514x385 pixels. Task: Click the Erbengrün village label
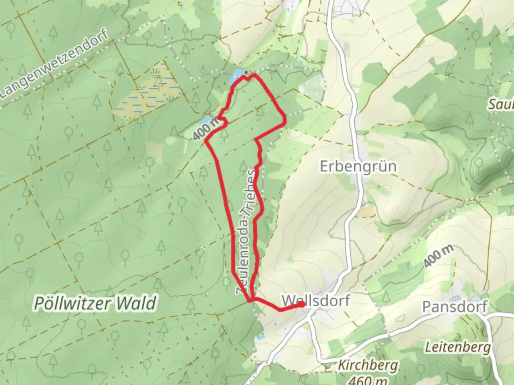(358, 166)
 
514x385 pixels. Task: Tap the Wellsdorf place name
(316, 300)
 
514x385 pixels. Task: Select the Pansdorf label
(455, 307)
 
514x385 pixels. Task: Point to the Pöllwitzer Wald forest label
(95, 304)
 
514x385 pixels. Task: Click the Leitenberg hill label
(458, 347)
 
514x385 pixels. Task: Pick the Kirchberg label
(368, 365)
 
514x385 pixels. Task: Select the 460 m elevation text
(368, 380)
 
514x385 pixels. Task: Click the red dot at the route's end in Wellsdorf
(302, 304)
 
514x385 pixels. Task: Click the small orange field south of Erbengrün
(365, 212)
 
